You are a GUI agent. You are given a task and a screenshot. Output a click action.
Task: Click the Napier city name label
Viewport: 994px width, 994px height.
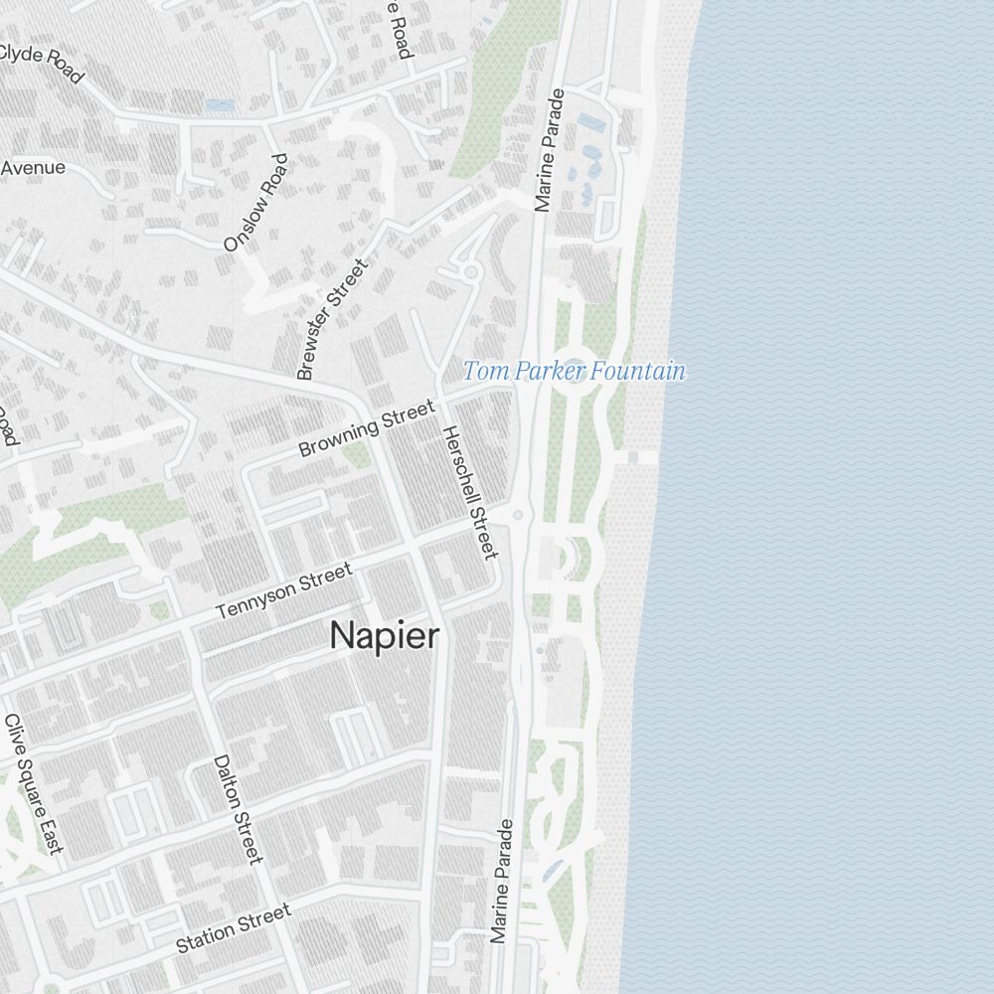click(384, 636)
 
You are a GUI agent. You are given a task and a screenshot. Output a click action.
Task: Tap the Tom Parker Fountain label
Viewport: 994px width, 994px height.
click(575, 372)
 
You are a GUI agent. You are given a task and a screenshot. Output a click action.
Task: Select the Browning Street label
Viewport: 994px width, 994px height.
click(367, 428)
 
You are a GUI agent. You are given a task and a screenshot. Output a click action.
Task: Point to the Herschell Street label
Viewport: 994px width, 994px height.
click(468, 492)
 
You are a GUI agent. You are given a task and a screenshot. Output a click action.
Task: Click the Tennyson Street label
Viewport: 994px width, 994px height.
click(284, 592)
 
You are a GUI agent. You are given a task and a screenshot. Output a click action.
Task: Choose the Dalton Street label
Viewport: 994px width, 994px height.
click(239, 808)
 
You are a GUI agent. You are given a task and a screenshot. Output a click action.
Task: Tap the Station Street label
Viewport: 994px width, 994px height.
click(234, 927)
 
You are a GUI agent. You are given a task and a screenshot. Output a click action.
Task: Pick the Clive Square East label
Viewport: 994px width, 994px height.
click(34, 782)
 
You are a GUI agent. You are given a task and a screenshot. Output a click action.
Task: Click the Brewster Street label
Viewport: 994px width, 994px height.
click(333, 318)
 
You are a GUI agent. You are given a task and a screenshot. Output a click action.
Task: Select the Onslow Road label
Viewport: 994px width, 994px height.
click(255, 202)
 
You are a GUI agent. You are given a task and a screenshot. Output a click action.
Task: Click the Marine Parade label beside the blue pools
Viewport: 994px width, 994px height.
click(549, 151)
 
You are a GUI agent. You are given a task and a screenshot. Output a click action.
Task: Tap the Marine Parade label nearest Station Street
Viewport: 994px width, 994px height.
click(501, 881)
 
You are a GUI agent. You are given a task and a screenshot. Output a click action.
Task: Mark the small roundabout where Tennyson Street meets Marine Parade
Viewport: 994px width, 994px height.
click(518, 515)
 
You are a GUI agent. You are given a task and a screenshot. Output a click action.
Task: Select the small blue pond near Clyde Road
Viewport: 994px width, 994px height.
click(220, 104)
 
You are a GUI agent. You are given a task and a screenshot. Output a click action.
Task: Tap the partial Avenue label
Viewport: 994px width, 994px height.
click(33, 167)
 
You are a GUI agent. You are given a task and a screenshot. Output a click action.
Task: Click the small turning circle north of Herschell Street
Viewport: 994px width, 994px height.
click(470, 270)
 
